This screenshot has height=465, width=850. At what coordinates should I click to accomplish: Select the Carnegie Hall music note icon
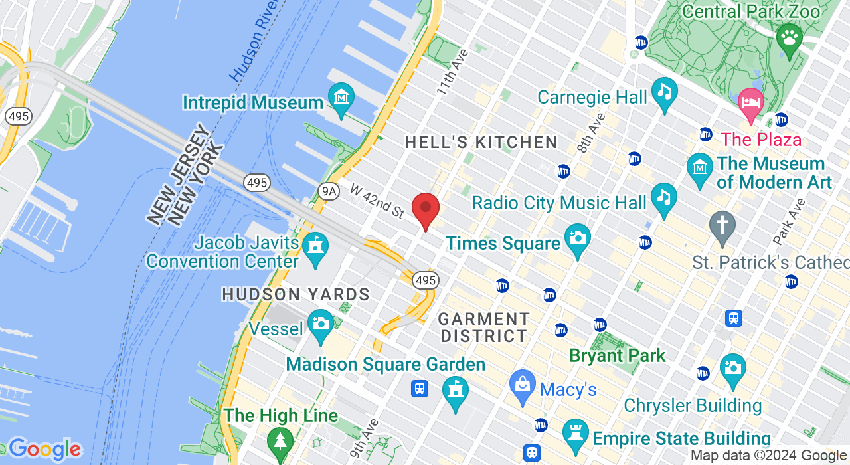(664, 93)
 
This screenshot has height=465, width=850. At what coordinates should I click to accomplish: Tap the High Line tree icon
(280, 441)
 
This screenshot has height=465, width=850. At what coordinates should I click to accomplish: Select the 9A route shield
(329, 191)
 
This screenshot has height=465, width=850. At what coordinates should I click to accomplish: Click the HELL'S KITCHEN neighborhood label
(481, 142)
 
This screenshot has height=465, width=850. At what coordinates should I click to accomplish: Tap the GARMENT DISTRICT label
(484, 327)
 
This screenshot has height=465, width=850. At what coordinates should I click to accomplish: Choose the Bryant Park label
(618, 356)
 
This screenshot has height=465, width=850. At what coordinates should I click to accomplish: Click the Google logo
(44, 450)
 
